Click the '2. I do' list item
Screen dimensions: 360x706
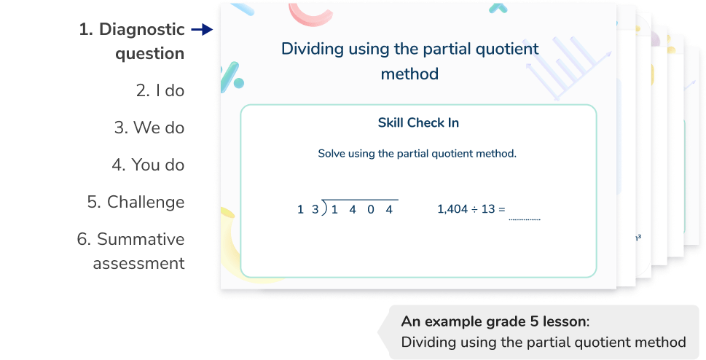point(160,90)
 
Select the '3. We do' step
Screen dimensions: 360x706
point(149,128)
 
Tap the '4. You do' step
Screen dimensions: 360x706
point(148,165)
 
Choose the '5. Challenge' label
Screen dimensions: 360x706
point(136,202)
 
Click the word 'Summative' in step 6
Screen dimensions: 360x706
point(141,239)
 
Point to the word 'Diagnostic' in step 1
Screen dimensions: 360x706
point(141,30)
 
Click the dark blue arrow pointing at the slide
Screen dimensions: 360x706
point(202,31)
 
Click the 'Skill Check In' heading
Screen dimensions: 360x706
point(418,122)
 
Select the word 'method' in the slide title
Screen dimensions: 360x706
point(409,74)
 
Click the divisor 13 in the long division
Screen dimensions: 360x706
point(308,210)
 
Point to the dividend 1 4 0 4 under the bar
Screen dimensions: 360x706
point(361,210)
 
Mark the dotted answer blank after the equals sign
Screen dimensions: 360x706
point(525,216)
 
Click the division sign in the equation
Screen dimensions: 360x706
point(474,209)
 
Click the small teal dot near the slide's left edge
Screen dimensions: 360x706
point(238,84)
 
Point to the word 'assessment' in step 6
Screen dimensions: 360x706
point(138,262)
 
